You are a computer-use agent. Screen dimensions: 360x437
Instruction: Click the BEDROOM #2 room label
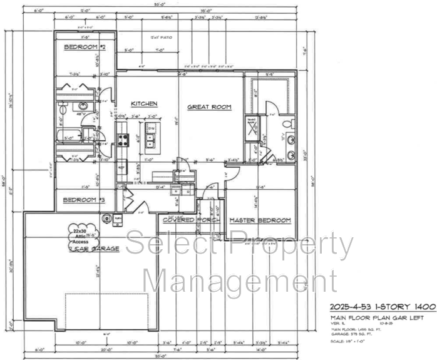tap(84, 48)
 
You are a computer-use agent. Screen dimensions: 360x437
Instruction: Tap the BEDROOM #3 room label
tap(84, 200)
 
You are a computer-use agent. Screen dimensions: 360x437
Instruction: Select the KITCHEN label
tap(144, 103)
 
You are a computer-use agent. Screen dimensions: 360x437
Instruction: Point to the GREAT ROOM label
tap(209, 107)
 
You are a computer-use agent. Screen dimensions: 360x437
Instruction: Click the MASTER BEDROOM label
tap(260, 220)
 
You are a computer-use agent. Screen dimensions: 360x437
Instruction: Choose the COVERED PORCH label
tap(191, 220)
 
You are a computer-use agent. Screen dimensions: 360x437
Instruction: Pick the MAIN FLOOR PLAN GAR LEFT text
tap(376, 318)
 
